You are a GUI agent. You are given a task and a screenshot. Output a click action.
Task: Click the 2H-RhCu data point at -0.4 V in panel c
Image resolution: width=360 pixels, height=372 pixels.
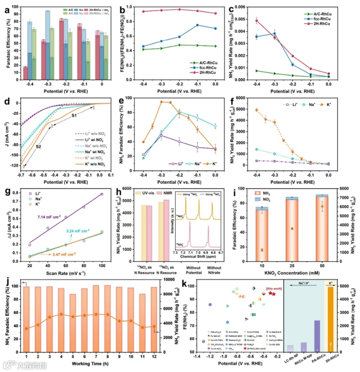click(257, 20)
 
